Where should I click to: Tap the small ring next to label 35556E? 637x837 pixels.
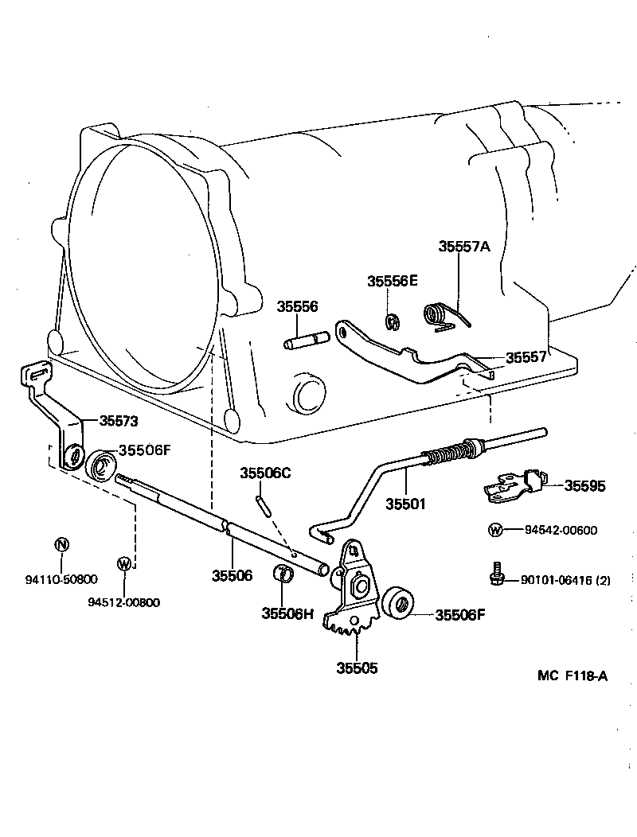click(x=392, y=321)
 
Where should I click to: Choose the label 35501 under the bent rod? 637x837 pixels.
click(x=406, y=504)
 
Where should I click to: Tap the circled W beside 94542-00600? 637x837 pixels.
click(x=495, y=531)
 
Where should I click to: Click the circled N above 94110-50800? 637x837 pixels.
click(x=61, y=545)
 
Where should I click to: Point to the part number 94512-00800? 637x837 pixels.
click(x=123, y=602)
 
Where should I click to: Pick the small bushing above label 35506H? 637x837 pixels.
click(x=283, y=573)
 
